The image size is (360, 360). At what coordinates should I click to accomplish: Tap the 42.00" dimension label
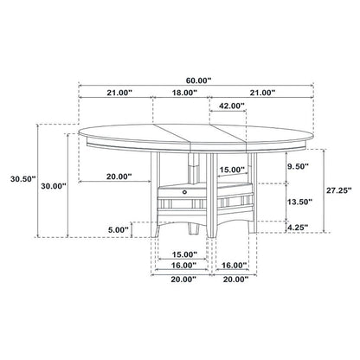click(231, 106)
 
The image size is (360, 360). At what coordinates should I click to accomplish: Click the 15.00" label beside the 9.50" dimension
click(231, 170)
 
